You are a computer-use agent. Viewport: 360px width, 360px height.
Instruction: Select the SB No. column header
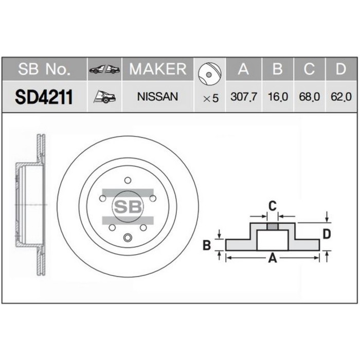[43, 69]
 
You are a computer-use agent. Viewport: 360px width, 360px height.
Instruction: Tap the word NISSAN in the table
[158, 96]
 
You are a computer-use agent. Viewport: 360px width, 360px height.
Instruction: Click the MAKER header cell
[158, 69]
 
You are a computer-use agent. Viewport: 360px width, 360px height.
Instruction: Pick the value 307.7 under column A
[244, 97]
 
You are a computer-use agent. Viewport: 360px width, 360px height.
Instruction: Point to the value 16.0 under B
[277, 97]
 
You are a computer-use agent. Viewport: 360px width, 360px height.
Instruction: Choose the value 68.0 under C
[309, 97]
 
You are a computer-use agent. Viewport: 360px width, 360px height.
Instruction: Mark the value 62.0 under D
[340, 97]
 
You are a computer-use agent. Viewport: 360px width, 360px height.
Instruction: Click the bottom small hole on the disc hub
[127, 237]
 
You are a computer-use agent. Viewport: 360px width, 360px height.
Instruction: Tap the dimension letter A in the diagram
[273, 259]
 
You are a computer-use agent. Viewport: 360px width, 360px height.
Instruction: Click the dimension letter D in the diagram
[326, 234]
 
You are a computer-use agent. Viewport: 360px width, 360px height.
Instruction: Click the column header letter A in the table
[244, 69]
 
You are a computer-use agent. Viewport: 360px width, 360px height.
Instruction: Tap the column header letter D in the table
[340, 69]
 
